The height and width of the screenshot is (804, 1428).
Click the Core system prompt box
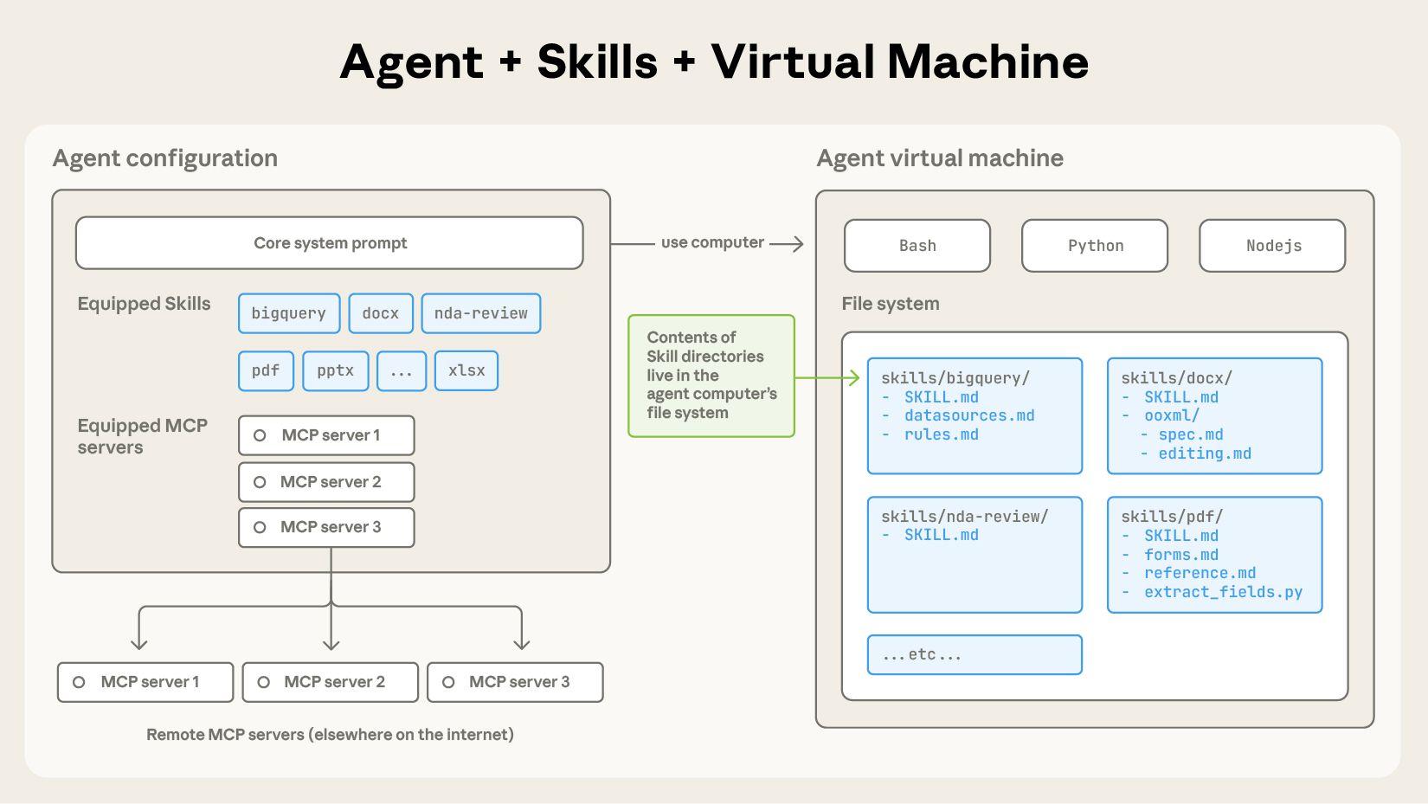[x=329, y=243]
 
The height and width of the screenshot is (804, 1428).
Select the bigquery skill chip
[x=289, y=313]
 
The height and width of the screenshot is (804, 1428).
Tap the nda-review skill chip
[x=480, y=313]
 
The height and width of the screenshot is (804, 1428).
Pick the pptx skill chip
[x=335, y=370]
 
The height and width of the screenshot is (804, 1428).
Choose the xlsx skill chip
[x=466, y=370]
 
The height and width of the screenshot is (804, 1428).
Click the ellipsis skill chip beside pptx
[x=402, y=370]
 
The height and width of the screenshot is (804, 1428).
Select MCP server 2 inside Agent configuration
[x=326, y=482]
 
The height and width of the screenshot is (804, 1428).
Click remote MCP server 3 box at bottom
[x=515, y=682]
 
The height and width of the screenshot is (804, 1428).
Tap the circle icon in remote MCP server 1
[x=79, y=682]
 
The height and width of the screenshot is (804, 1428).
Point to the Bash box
[x=917, y=246]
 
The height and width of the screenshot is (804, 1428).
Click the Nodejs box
[x=1272, y=246]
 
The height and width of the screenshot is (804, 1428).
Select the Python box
[x=1095, y=246]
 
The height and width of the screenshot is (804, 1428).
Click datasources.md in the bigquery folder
[x=969, y=415]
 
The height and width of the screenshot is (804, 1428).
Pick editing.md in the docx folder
[x=1204, y=453]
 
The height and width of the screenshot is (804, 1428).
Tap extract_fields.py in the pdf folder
[x=1223, y=592]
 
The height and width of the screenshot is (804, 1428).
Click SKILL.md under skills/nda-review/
[x=941, y=535]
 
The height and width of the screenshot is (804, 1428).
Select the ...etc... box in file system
[x=975, y=654]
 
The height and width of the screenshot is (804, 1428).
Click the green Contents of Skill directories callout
[x=711, y=376]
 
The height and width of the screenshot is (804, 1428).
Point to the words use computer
[x=712, y=243]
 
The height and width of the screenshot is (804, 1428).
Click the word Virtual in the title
[x=792, y=62]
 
